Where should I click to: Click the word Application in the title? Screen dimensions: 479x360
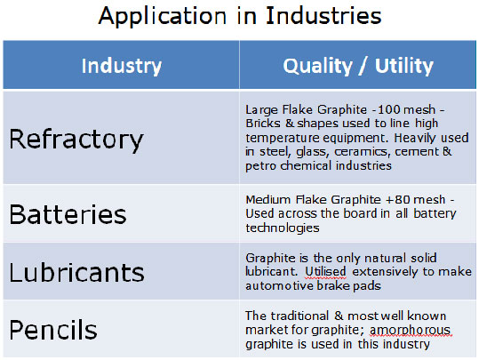click(163, 16)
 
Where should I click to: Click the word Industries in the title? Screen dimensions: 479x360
click(323, 15)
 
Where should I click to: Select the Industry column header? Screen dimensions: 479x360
click(121, 66)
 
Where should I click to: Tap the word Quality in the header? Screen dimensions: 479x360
click(318, 66)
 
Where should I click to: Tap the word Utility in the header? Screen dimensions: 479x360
click(403, 66)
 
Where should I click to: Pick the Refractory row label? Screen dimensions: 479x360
click(76, 140)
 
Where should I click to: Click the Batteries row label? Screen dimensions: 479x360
click(68, 214)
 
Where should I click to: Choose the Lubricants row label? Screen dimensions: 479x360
click(76, 272)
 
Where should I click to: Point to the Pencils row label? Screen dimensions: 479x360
click(53, 330)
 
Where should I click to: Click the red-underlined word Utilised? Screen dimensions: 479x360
click(325, 272)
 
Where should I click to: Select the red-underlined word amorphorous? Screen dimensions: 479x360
click(410, 330)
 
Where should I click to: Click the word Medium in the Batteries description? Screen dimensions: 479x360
click(267, 200)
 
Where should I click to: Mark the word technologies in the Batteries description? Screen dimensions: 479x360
click(283, 228)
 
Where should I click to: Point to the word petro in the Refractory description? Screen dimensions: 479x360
click(261, 166)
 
